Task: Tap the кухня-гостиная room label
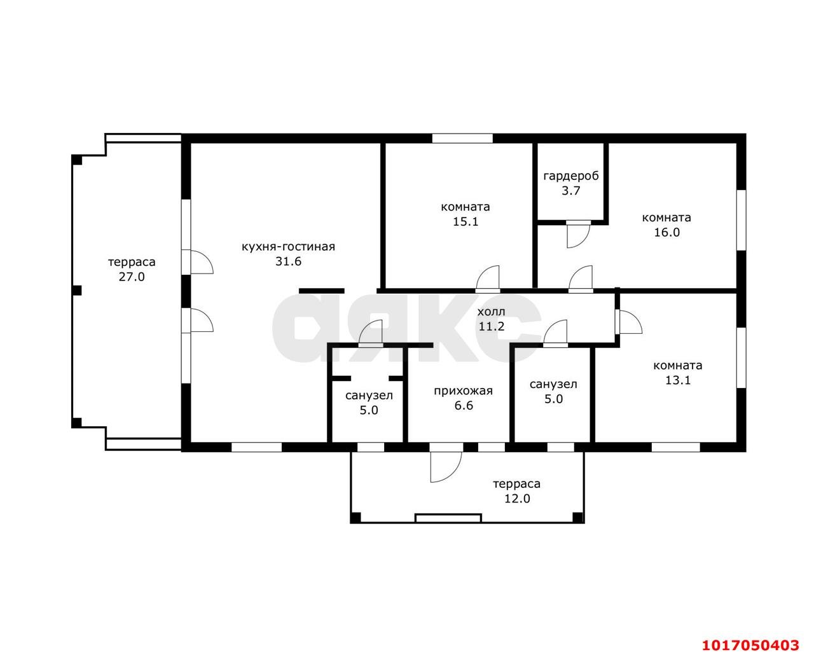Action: pyautogui.click(x=288, y=247)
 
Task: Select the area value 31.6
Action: pyautogui.click(x=288, y=261)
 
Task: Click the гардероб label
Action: pyautogui.click(x=571, y=176)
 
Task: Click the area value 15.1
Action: pyautogui.click(x=466, y=222)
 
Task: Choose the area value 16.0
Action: pyautogui.click(x=667, y=232)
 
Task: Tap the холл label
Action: pyautogui.click(x=491, y=312)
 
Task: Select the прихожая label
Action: pyautogui.click(x=463, y=391)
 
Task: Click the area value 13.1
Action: pyautogui.click(x=677, y=380)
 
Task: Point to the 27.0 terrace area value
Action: pyautogui.click(x=132, y=277)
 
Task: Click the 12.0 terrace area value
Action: pyautogui.click(x=517, y=499)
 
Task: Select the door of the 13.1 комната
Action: pyautogui.click(x=630, y=322)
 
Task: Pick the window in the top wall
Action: pyautogui.click(x=462, y=138)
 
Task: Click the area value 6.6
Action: pyautogui.click(x=463, y=406)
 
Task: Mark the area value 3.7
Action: pyautogui.click(x=571, y=191)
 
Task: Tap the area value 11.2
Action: pyautogui.click(x=492, y=326)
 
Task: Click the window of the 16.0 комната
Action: pyautogui.click(x=741, y=220)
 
